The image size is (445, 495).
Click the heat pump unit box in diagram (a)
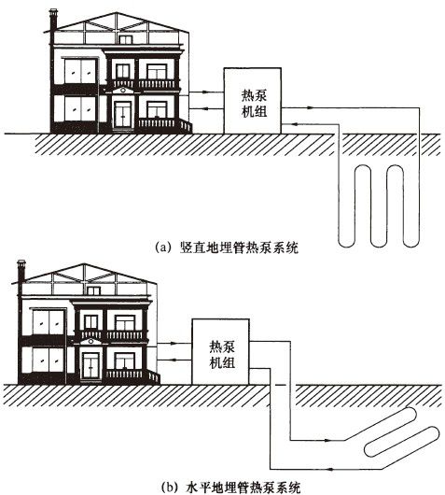tap(252, 101)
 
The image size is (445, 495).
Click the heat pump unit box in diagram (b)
tap(220, 352)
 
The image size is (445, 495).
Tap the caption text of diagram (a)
tap(227, 247)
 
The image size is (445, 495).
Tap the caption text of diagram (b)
tap(230, 488)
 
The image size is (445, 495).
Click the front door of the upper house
tap(123, 114)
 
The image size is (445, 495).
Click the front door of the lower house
tap(90, 365)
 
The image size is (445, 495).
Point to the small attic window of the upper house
tap(125, 39)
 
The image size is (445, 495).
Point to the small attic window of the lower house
tap(93, 290)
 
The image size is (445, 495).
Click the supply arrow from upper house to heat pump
tap(206, 92)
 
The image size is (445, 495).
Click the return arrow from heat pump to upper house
tap(206, 109)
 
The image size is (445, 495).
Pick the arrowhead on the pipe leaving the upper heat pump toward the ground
tap(311, 107)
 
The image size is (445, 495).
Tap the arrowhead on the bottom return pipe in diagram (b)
tap(330, 469)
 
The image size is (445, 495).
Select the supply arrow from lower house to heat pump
tap(174, 343)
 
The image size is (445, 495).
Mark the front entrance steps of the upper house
tap(186, 126)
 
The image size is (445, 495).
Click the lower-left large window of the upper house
tap(79, 108)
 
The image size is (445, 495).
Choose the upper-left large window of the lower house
tap(48, 322)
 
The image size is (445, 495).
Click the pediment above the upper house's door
tap(123, 91)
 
